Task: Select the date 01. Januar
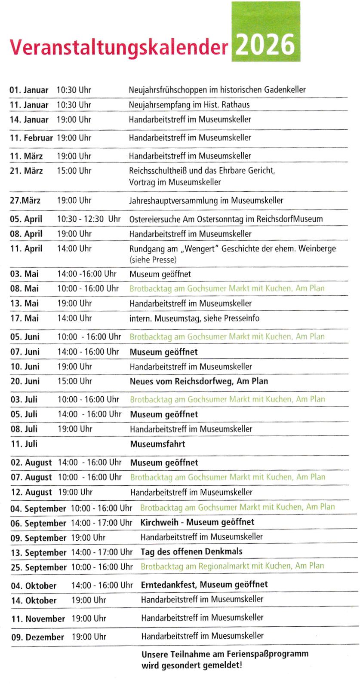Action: click(x=29, y=90)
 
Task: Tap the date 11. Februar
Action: click(x=31, y=138)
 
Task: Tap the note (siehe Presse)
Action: click(x=153, y=260)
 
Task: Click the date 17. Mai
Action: click(x=25, y=318)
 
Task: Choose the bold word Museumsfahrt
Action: click(x=157, y=444)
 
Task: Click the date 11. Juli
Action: click(x=25, y=444)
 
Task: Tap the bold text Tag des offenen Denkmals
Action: click(x=191, y=552)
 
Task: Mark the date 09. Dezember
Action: click(x=38, y=637)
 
